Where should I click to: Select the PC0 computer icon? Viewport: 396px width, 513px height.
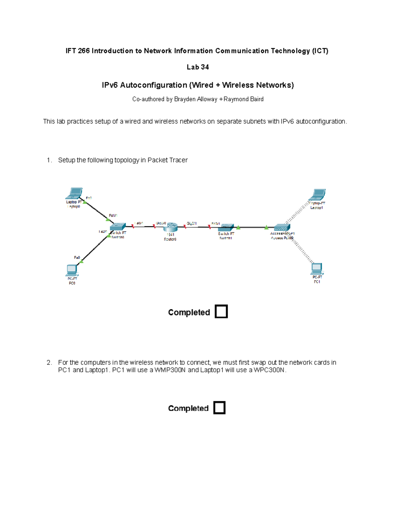pos(72,270)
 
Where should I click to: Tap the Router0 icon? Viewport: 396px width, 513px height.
pos(171,227)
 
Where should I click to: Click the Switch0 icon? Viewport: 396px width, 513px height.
pos(117,227)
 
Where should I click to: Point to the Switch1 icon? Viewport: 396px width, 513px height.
pos(226,227)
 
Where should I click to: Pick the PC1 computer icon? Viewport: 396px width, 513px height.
pos(317,269)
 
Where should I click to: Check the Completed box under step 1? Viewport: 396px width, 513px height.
pos(221,311)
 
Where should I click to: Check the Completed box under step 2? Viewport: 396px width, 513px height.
pos(219,408)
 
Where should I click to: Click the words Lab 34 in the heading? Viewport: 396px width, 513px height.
pos(198,67)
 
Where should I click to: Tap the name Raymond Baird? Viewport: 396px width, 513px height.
pos(244,99)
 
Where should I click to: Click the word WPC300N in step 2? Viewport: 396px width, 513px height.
pos(269,370)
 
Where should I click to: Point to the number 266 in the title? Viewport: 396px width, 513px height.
pos(83,51)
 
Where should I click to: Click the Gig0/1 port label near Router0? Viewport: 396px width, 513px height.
pos(192,224)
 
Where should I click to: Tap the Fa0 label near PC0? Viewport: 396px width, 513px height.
pos(77,257)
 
